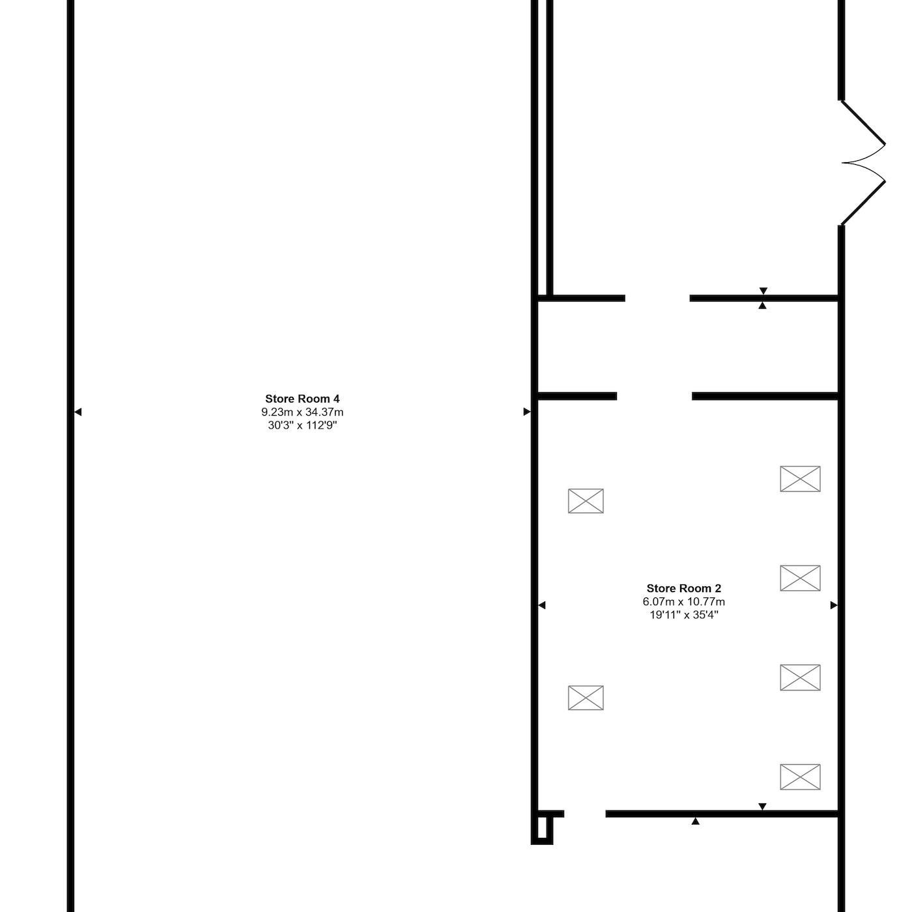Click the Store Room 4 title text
pyautogui.click(x=302, y=399)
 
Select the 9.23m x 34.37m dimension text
pyautogui.click(x=302, y=412)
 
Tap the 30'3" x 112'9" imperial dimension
pyautogui.click(x=302, y=425)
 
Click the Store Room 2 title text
pyautogui.click(x=683, y=588)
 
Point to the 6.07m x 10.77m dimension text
pyautogui.click(x=683, y=601)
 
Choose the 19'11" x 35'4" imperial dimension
pyautogui.click(x=683, y=615)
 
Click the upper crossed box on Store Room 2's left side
pyautogui.click(x=586, y=501)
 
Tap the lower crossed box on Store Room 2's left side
pyautogui.click(x=586, y=698)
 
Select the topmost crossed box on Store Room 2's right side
pyautogui.click(x=800, y=479)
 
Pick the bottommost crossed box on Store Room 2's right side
pyautogui.click(x=800, y=777)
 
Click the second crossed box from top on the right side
pyautogui.click(x=800, y=578)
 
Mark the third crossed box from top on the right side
pyautogui.click(x=800, y=677)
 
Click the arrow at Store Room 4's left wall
pyautogui.click(x=78, y=412)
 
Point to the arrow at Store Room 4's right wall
pyautogui.click(x=527, y=412)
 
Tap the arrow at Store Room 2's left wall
pyautogui.click(x=542, y=605)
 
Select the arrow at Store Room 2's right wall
pyautogui.click(x=834, y=605)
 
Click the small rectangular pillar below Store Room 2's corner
pyautogui.click(x=543, y=830)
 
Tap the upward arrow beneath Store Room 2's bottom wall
pyautogui.click(x=695, y=821)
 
